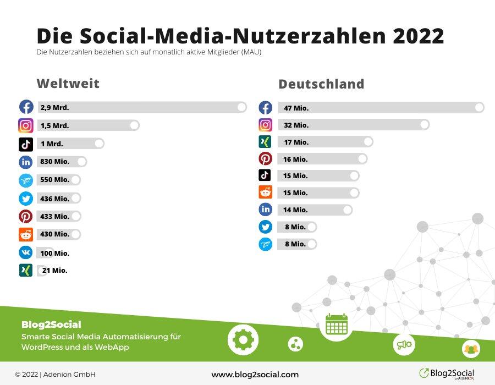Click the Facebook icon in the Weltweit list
coord(26,107)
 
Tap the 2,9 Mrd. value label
coord(54,108)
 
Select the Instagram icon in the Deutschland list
coord(266,125)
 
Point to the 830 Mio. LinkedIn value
coord(54,162)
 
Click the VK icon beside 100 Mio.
coord(26,252)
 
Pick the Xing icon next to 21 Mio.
coord(26,270)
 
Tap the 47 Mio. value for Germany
coord(296,108)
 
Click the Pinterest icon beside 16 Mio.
coord(266,159)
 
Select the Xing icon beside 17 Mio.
coord(266,142)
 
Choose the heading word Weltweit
coord(68,84)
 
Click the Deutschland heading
coord(321,84)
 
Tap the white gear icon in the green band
coord(243,339)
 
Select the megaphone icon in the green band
coord(404,345)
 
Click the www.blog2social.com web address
coord(255,375)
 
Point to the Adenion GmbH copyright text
coord(52,375)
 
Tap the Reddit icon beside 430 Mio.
coord(26,234)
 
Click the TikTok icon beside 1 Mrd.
coord(26,144)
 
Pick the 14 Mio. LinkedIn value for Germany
coord(296,210)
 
